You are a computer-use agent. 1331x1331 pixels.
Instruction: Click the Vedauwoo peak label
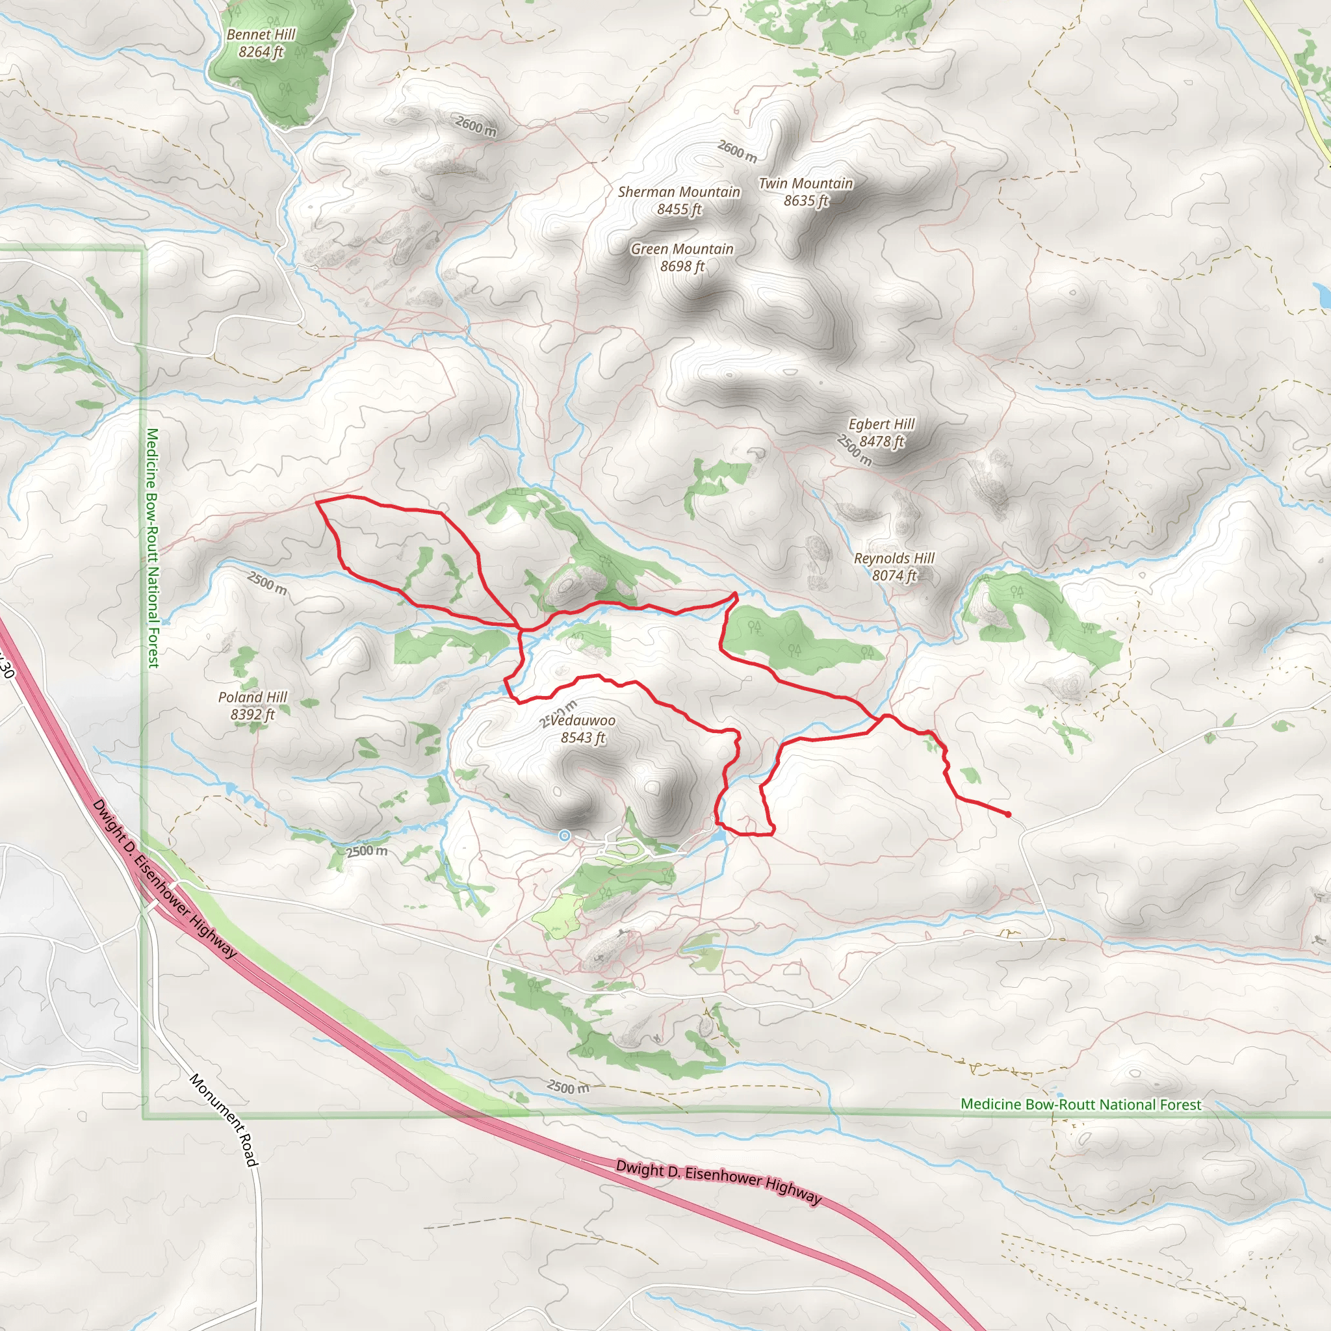pos(583,721)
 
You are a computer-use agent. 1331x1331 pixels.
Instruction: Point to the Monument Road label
pos(224,1120)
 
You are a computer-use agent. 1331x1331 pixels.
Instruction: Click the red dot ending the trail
pos(1009,814)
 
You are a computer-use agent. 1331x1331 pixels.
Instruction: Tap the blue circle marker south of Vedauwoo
pos(564,836)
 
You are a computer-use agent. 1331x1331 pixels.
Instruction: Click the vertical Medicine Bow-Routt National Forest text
pos(152,548)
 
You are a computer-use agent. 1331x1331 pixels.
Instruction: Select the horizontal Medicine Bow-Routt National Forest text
pos(1081,1104)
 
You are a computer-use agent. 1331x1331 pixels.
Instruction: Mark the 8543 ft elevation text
pos(583,738)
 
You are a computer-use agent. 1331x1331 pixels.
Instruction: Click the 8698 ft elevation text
pos(682,266)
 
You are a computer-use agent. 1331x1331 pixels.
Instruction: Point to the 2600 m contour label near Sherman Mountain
pos(737,151)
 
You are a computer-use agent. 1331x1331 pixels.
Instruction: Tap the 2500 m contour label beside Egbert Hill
pos(854,450)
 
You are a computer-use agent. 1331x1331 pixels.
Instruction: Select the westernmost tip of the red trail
pos(317,502)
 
